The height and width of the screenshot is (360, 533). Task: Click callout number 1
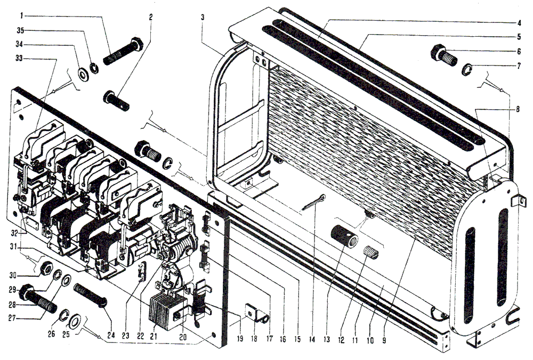pyautogui.click(x=22, y=15)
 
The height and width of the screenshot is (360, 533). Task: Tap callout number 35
pyautogui.click(x=21, y=30)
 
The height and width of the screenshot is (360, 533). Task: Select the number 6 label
pyautogui.click(x=519, y=51)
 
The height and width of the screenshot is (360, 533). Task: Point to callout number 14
pyautogui.click(x=312, y=339)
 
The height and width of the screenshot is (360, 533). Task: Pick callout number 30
pyautogui.click(x=13, y=275)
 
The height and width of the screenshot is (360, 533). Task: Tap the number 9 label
pyautogui.click(x=384, y=340)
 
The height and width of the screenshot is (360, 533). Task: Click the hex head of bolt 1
pyautogui.click(x=137, y=44)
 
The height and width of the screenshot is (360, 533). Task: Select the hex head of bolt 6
pyautogui.click(x=438, y=53)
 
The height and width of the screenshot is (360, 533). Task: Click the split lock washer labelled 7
pyautogui.click(x=467, y=69)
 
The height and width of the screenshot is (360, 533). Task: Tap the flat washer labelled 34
pyautogui.click(x=83, y=75)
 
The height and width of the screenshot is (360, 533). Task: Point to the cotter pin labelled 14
pyautogui.click(x=313, y=202)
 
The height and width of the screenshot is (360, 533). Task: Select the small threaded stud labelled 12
pyautogui.click(x=370, y=252)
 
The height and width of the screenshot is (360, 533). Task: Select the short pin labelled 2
pyautogui.click(x=116, y=101)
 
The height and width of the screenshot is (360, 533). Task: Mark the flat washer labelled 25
pyautogui.click(x=74, y=321)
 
